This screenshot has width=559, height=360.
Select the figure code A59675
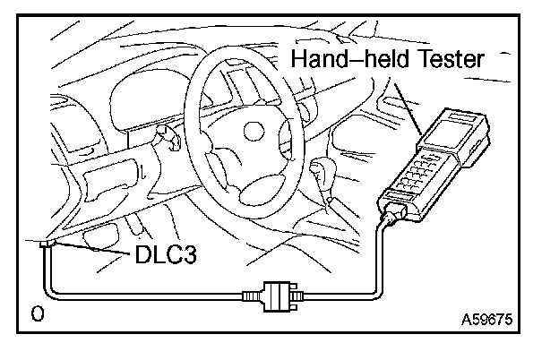(x=492, y=317)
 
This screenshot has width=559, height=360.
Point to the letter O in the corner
(x=37, y=314)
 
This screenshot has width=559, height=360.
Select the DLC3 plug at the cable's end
(x=47, y=244)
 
